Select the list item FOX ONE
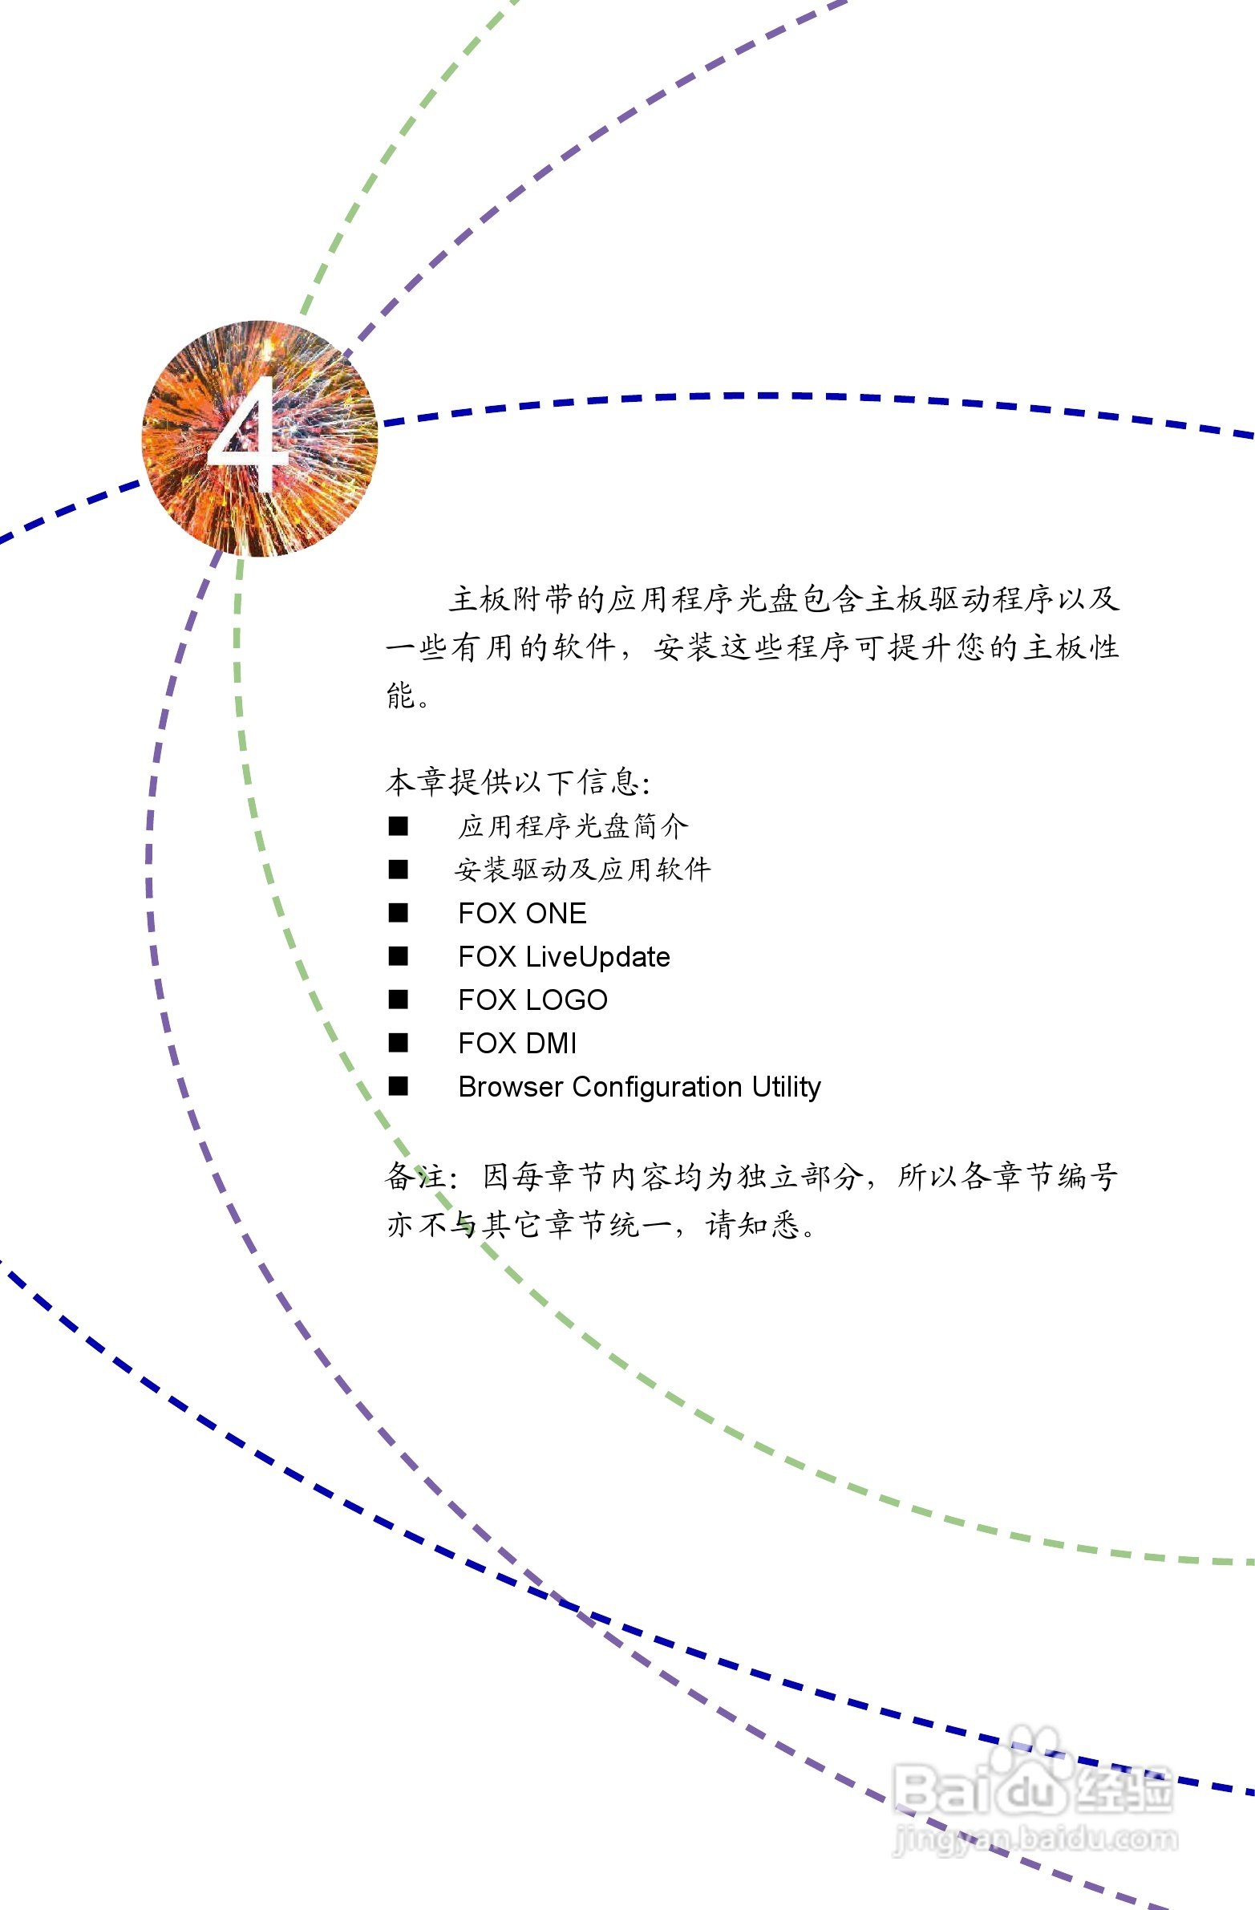[x=521, y=913]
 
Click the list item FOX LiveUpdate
[x=563, y=957]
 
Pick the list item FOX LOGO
[x=532, y=1000]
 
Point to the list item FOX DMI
[x=517, y=1044]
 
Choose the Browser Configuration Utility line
[x=639, y=1087]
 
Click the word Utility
[x=787, y=1087]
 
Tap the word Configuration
[x=658, y=1087]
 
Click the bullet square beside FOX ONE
[x=398, y=913]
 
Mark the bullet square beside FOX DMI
[x=398, y=1044]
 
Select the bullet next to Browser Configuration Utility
[x=398, y=1087]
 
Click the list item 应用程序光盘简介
[x=573, y=826]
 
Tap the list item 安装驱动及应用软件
[x=582, y=870]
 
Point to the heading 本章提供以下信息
[x=516, y=781]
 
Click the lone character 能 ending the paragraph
[x=400, y=695]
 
